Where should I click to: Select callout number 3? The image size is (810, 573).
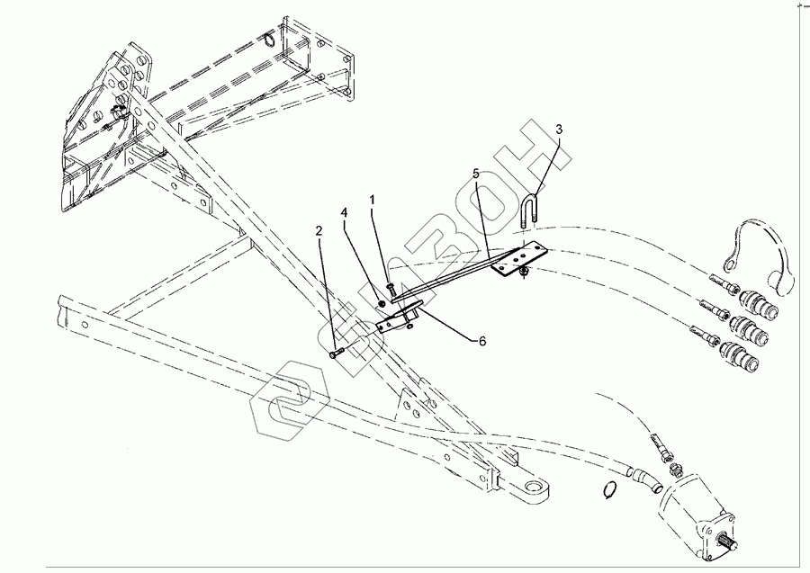[559, 130]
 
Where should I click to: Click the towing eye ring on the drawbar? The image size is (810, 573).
[532, 490]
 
